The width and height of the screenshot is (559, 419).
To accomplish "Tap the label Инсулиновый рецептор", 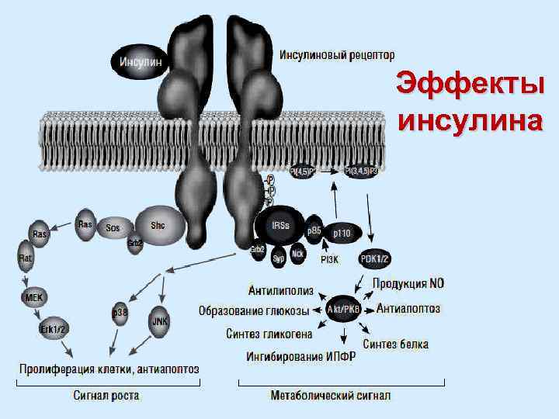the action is point(337,55).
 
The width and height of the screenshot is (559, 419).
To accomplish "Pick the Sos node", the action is point(113,228).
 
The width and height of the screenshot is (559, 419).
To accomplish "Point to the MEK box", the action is point(33,296).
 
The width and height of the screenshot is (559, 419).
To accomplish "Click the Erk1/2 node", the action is point(54,328).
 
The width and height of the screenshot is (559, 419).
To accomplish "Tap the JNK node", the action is point(160,320).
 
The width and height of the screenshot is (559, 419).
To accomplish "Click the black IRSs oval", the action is point(280,226).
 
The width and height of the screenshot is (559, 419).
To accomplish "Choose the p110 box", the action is point(342,232).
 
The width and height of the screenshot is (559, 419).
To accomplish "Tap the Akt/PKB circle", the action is point(342,309).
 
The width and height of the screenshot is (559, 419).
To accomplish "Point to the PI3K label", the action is point(329,259).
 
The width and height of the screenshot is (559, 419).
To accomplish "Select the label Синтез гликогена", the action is point(269,334).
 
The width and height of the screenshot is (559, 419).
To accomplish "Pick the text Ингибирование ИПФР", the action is point(301,358).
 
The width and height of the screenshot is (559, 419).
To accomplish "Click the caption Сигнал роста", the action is point(107,396).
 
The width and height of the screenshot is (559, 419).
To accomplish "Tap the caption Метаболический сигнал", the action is point(330,396).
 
